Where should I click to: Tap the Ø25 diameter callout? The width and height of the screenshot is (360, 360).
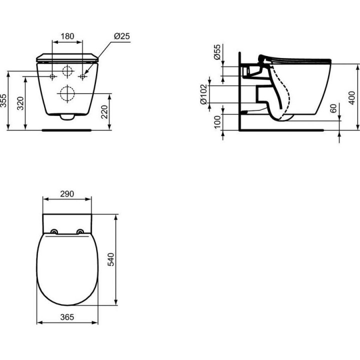[121, 36]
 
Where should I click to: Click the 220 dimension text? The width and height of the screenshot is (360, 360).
[104, 111]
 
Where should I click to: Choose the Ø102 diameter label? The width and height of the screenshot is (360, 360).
[204, 94]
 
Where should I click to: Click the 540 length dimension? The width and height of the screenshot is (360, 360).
[111, 259]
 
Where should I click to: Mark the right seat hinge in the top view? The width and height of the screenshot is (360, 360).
[80, 231]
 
